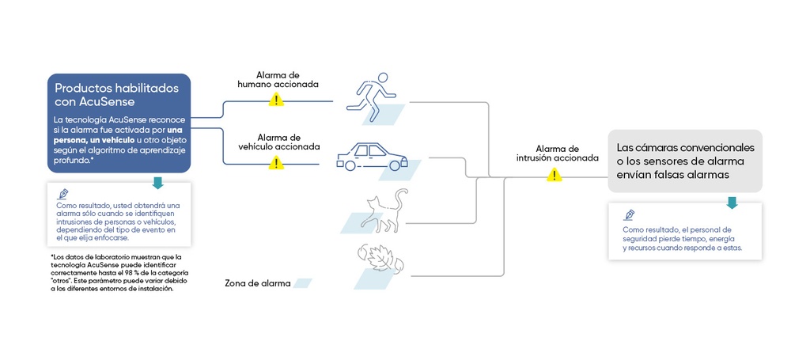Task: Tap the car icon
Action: coord(372,157)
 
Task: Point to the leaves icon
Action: coord(380,259)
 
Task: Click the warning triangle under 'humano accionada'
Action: coord(276,100)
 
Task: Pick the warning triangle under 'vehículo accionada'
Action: coord(276,163)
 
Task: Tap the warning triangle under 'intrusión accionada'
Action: coord(555,175)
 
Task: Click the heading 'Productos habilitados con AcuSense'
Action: coord(117,94)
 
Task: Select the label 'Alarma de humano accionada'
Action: coord(278,80)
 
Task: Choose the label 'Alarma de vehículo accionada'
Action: coord(279,142)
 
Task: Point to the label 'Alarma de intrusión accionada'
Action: coord(558,153)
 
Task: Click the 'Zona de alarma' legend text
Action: coord(258,284)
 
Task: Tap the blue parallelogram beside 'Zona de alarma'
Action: coord(302,283)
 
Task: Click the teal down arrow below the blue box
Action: coord(158,183)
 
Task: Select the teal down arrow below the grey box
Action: coord(732,203)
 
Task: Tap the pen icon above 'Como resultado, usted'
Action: coord(63,194)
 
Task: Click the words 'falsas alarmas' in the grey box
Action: coord(693,175)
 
